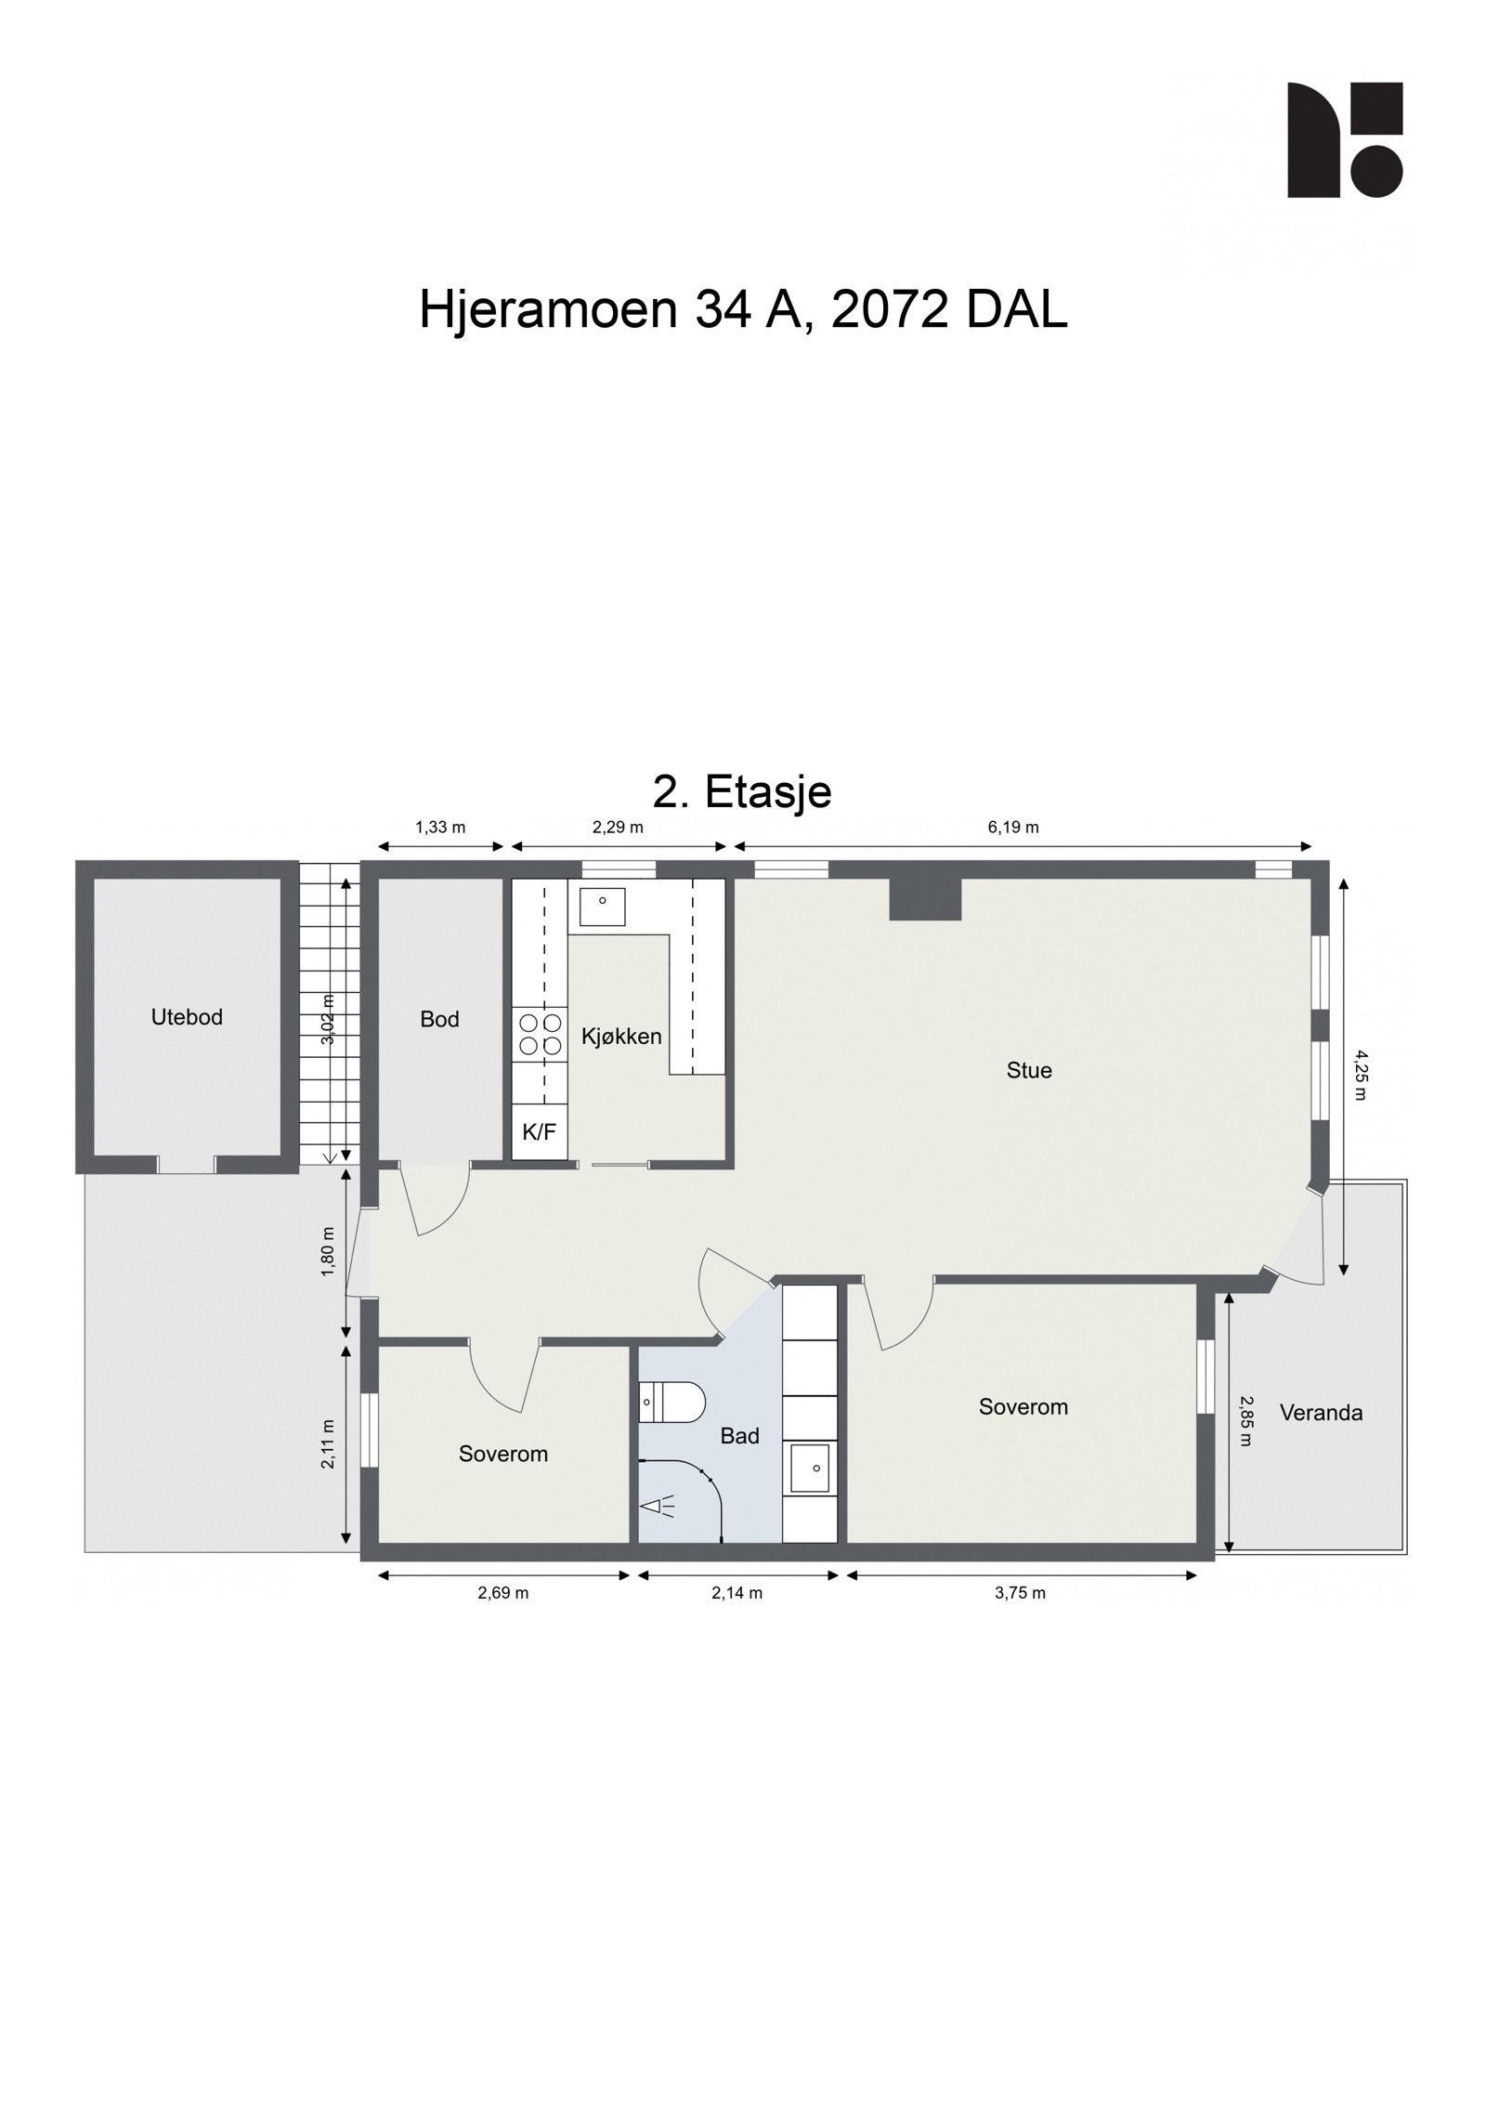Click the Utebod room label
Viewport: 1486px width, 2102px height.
point(187,1017)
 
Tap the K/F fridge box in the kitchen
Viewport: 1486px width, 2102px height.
point(539,1131)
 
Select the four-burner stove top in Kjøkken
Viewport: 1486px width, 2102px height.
point(540,1033)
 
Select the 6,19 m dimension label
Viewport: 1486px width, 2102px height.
point(1012,827)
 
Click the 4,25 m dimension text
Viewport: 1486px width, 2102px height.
point(1361,1075)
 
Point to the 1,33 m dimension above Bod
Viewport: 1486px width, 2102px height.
point(440,827)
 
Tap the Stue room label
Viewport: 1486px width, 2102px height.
point(1029,1070)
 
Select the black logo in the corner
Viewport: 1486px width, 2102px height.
point(1344,139)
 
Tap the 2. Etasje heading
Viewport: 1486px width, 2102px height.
point(742,791)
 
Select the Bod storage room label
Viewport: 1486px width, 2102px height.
point(439,1019)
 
